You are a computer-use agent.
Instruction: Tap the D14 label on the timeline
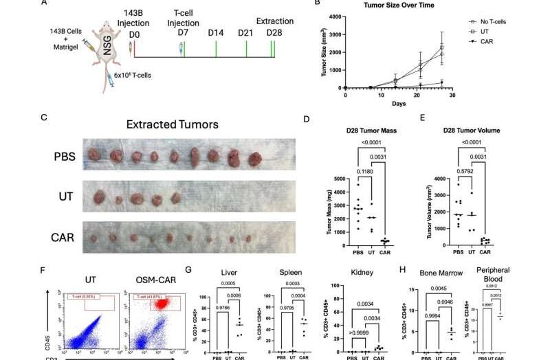(216, 32)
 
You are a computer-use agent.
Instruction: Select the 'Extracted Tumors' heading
(173, 125)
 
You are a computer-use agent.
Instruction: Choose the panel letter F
(44, 273)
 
